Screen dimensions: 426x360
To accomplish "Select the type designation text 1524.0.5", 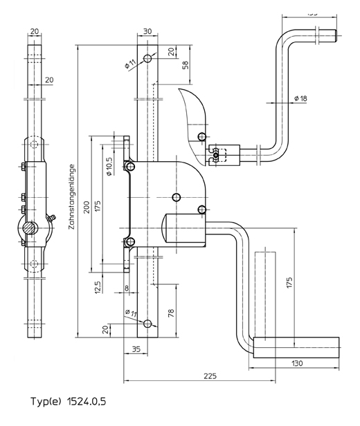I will [x=69, y=401].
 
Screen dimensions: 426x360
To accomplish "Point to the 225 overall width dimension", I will [x=211, y=376].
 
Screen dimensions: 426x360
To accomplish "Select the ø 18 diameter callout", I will [x=300, y=98].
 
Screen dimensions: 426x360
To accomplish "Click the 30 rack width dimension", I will [x=147, y=31].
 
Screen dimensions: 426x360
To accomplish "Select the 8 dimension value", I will [x=127, y=289].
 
